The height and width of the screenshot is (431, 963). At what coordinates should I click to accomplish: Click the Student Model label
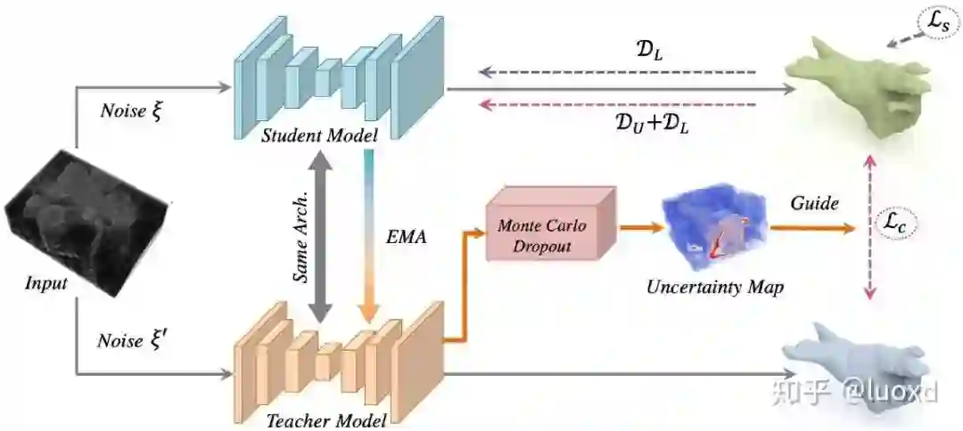318,135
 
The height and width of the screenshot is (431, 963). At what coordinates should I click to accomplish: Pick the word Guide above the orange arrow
814,204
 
